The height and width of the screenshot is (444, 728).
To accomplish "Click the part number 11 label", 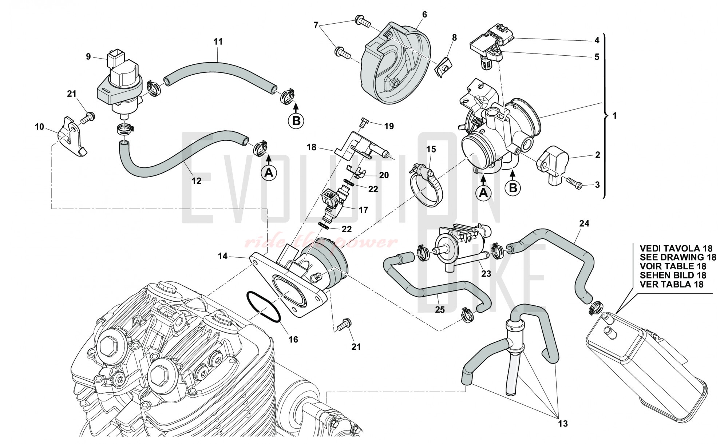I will click(218, 42).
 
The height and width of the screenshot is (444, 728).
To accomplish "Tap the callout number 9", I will click(88, 57).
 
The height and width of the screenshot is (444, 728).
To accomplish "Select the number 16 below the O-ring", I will click(293, 339).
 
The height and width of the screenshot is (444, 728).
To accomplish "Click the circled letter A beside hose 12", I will click(269, 173).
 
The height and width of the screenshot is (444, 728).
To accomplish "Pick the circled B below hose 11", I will click(296, 120).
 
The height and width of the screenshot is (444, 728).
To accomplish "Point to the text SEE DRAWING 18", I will click(678, 257).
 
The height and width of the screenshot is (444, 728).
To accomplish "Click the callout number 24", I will click(584, 223).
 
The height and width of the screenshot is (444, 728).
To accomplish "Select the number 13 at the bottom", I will click(562, 424).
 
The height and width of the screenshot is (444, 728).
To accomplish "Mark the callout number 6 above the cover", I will click(424, 15).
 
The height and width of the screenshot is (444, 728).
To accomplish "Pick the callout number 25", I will click(440, 310).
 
